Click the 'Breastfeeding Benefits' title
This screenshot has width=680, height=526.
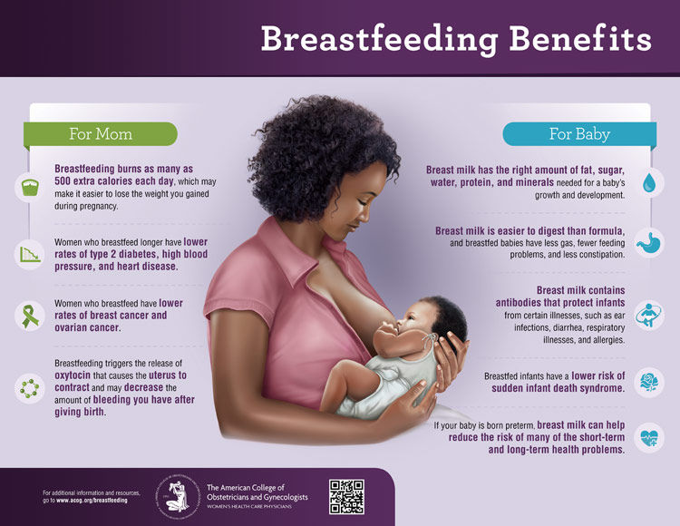(455, 38)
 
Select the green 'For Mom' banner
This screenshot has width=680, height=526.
(101, 134)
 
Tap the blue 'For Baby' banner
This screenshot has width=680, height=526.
(578, 134)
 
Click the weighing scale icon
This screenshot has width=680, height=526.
(28, 188)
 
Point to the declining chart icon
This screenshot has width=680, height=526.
(28, 254)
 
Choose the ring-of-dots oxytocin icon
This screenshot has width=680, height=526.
(28, 387)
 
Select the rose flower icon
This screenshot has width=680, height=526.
(649, 380)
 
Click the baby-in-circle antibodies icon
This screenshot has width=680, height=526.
(649, 316)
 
